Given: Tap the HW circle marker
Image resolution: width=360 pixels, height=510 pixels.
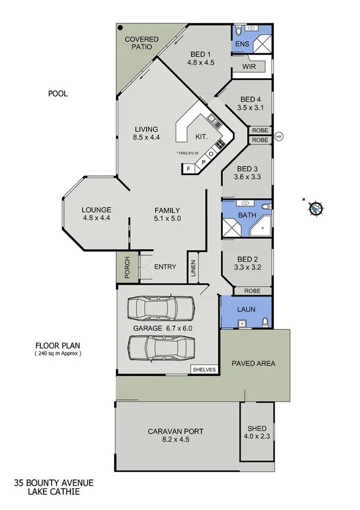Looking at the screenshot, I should pyautogui.click(x=278, y=137).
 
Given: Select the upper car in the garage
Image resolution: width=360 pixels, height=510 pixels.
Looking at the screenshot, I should pyautogui.click(x=161, y=308).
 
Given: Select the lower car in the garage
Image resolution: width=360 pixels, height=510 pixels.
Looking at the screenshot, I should pyautogui.click(x=162, y=347).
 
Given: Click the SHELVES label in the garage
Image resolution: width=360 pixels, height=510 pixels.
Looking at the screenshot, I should pyautogui.click(x=204, y=370).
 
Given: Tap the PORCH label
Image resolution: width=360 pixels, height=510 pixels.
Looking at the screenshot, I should pyautogui.click(x=127, y=268).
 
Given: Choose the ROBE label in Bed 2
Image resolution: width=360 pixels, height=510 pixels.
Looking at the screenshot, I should pyautogui.click(x=252, y=290).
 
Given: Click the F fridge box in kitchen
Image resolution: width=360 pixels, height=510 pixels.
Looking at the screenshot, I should pyautogui.click(x=189, y=169).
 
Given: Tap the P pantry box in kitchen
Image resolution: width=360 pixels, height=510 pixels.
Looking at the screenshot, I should pyautogui.click(x=203, y=162).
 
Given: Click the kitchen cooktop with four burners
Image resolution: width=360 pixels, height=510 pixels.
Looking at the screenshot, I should pyautogui.click(x=221, y=144).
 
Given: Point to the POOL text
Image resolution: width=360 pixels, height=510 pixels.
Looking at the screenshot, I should pyautogui.click(x=58, y=94).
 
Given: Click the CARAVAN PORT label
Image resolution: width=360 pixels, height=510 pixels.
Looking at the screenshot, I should pyautogui.click(x=175, y=435).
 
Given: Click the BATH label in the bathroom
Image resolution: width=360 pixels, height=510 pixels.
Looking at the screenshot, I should pyautogui.click(x=247, y=214).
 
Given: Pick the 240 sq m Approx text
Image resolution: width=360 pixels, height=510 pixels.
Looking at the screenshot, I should pyautogui.click(x=58, y=354).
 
